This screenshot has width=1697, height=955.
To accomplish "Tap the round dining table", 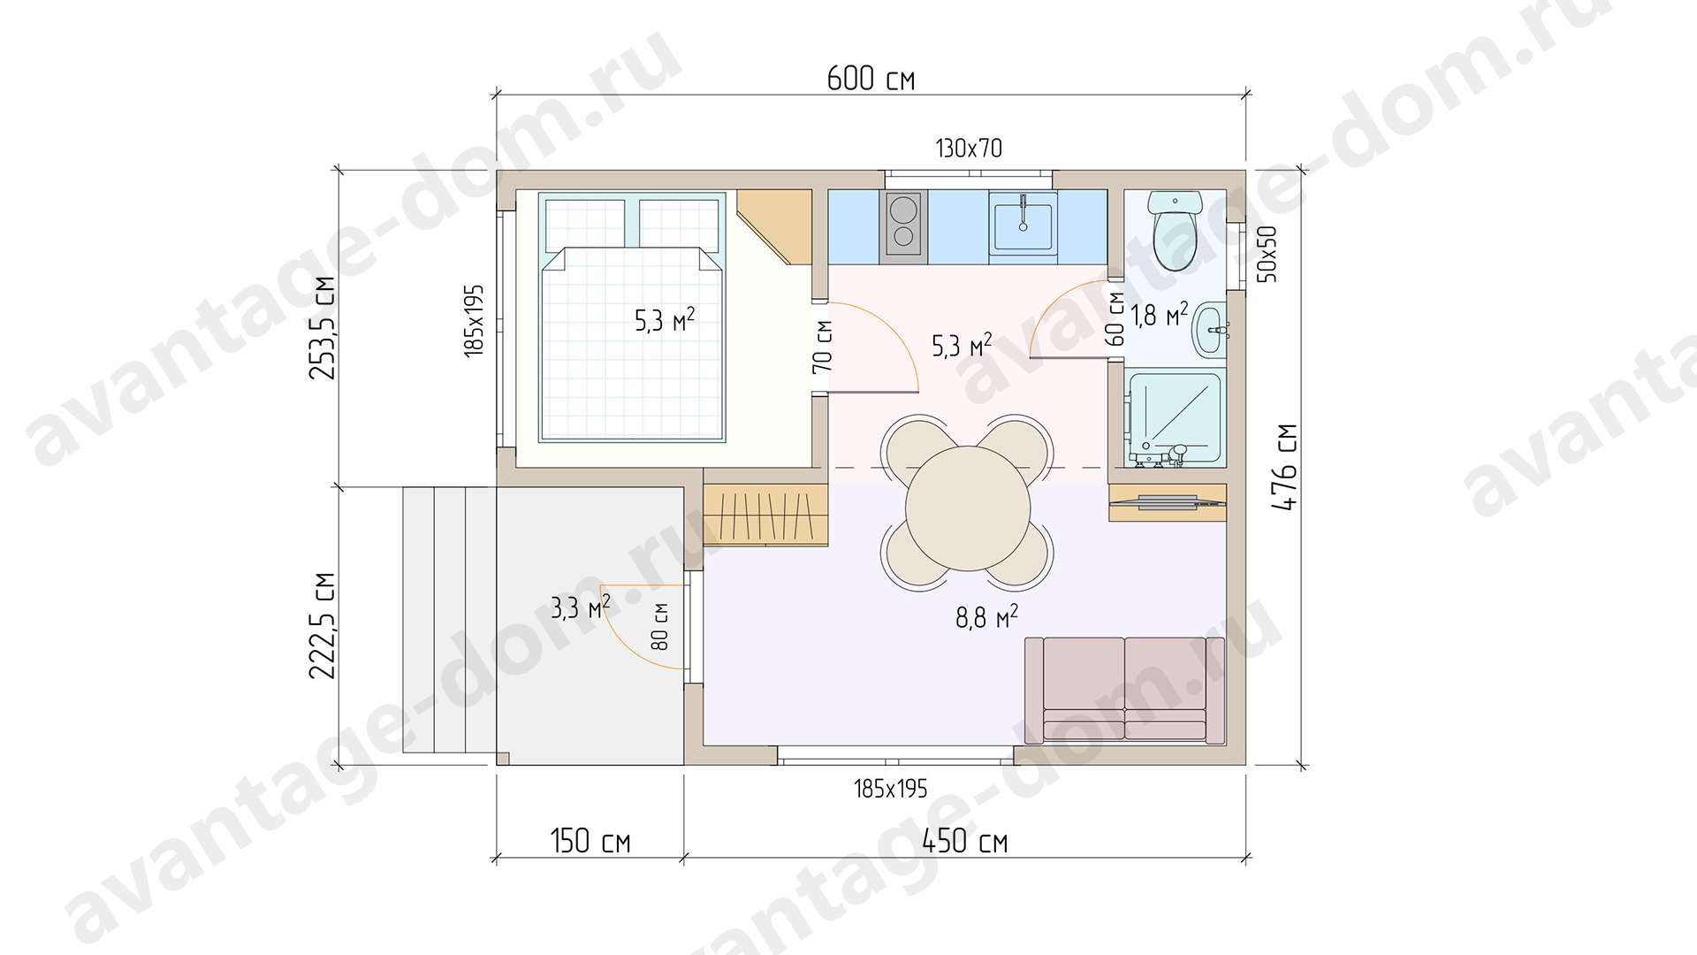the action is tap(968, 508).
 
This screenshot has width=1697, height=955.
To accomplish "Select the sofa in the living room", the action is tap(1124, 690).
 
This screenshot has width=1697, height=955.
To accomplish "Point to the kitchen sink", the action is tap(1023, 226).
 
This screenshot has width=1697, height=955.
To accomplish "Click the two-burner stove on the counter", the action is tap(903, 225).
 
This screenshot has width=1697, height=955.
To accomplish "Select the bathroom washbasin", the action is tap(1210, 328).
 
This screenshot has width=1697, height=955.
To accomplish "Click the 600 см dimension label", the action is tap(871, 78).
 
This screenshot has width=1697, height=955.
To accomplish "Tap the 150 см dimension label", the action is tap(590, 840).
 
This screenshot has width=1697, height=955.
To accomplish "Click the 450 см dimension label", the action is tap(964, 840).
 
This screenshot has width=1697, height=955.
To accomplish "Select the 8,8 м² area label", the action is tap(986, 616).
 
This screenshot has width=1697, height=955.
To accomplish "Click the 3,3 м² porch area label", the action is tap(581, 607).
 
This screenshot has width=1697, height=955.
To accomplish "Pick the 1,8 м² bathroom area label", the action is tap(1159, 314).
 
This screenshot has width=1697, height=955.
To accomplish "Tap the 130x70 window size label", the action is tap(969, 148).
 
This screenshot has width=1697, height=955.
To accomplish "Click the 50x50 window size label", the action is tap(1267, 254).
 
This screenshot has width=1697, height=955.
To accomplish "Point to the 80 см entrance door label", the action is tap(659, 627).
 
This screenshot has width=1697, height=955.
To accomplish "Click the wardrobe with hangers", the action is tap(765, 516).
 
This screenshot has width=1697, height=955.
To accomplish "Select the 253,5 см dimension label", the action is tap(323, 328).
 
